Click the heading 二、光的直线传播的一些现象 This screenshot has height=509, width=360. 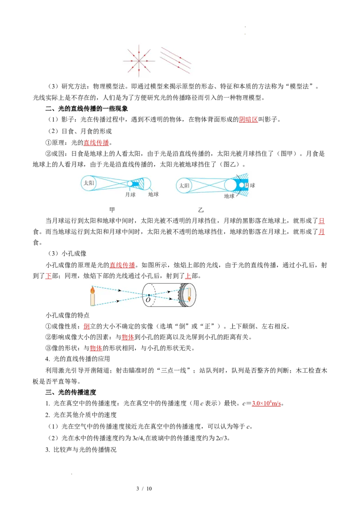click(x=87, y=108)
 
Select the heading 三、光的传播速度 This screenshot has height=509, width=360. click(x=71, y=392)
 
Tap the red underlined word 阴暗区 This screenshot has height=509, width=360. click(x=248, y=120)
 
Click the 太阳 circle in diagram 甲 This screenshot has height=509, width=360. click(x=89, y=183)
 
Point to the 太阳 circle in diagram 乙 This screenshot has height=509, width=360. click(x=184, y=186)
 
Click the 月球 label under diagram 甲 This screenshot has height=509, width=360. click(x=130, y=194)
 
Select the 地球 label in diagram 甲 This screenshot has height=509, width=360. click(x=153, y=194)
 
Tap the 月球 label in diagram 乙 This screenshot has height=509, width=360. click(x=250, y=185)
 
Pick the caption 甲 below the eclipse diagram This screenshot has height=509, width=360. click(x=112, y=210)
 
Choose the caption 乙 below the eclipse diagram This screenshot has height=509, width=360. click(x=201, y=210)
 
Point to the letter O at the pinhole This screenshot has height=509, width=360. click(x=148, y=300)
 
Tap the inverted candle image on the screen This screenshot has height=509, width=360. click(x=189, y=294)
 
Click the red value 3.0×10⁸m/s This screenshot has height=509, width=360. click(x=266, y=403)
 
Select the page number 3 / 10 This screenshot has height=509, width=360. click(x=144, y=489)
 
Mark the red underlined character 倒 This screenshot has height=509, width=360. click(x=86, y=326)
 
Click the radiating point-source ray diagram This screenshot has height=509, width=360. click(x=139, y=61)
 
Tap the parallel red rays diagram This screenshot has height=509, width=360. click(x=175, y=60)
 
